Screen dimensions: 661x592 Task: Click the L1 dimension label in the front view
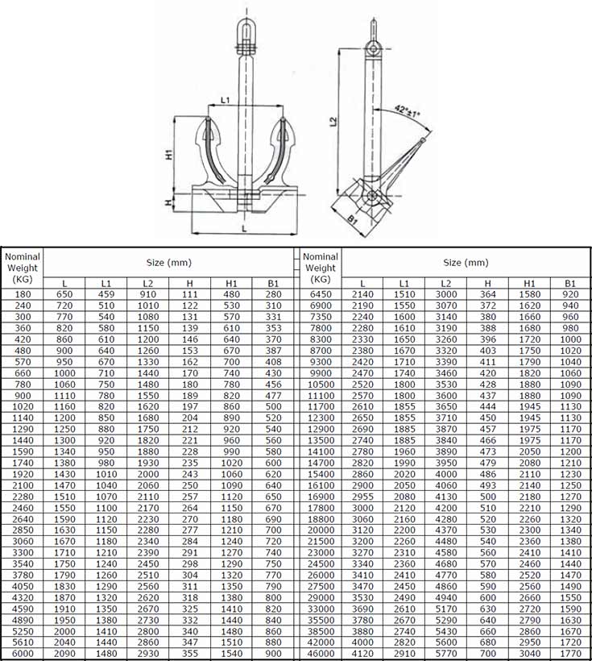226,99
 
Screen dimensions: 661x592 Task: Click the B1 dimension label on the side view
352,218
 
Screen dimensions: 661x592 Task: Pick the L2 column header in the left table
147,284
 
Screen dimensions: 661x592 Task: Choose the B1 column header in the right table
569,284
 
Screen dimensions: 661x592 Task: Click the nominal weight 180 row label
22,295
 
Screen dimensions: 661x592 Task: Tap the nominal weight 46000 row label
321,653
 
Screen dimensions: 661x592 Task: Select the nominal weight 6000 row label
22,653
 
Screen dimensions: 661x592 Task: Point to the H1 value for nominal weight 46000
529,653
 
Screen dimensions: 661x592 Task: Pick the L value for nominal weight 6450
362,295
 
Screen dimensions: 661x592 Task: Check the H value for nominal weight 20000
487,530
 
